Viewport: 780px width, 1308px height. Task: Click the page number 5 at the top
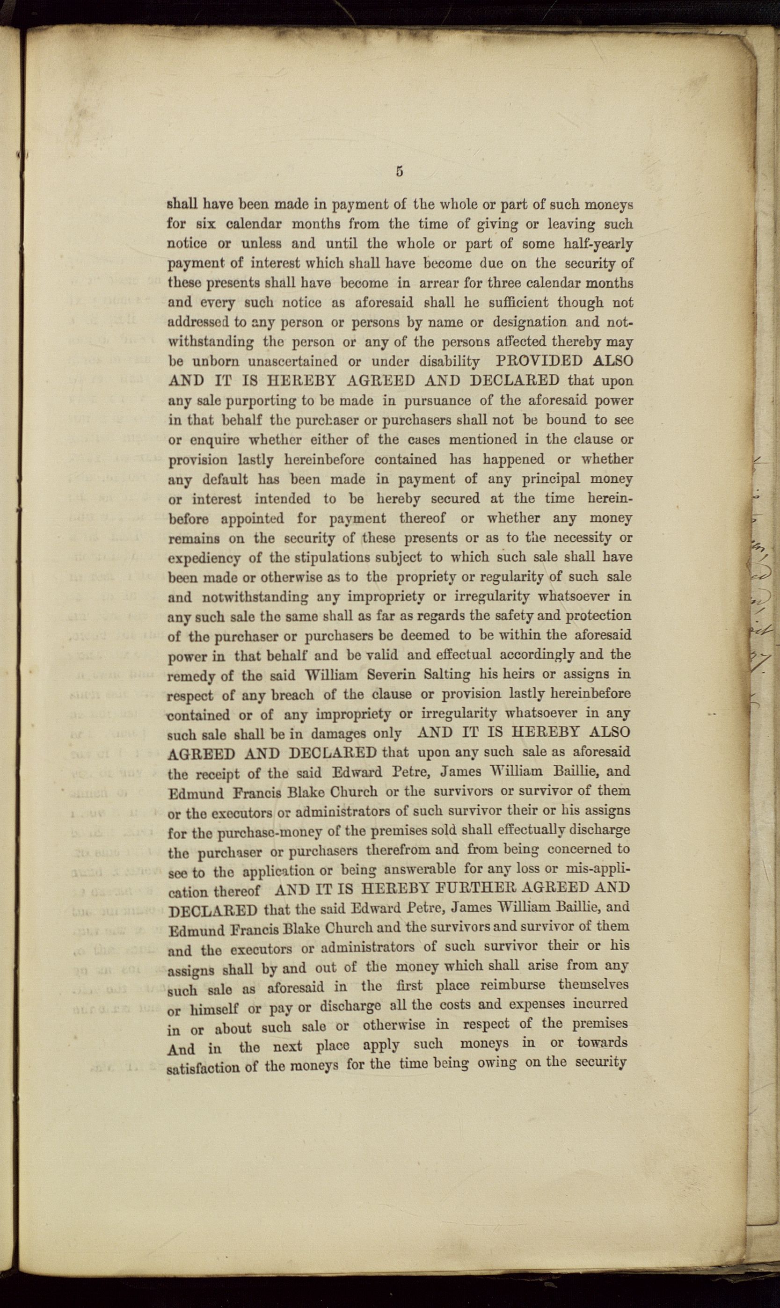(400, 171)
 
